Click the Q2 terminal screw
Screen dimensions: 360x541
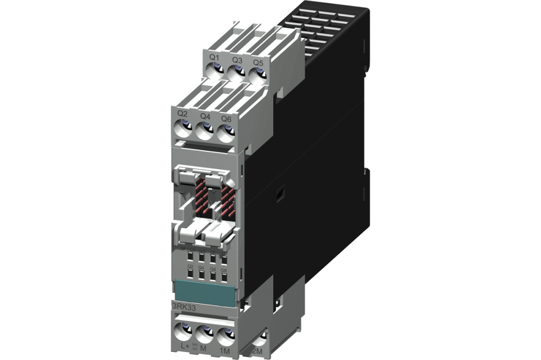click(x=183, y=128)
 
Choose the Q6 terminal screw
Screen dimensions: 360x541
click(x=227, y=131)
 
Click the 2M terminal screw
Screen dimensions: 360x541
click(x=261, y=338)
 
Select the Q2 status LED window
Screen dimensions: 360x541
click(x=190, y=274)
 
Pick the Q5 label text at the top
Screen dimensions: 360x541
click(x=258, y=62)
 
